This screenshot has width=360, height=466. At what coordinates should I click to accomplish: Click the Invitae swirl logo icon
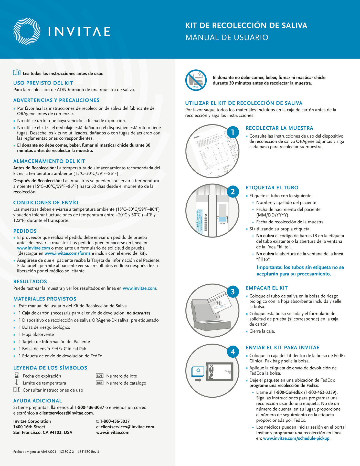point(27,31)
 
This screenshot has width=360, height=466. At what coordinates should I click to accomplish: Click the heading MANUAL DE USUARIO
point(227,37)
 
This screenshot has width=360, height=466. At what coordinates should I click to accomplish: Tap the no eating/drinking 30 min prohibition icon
point(196,80)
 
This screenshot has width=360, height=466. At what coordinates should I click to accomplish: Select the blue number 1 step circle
point(232,132)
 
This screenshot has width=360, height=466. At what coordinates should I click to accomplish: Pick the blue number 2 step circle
point(232,192)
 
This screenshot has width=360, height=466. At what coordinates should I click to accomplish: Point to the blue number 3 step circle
point(232,292)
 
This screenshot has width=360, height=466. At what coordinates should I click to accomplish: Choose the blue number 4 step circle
point(232,352)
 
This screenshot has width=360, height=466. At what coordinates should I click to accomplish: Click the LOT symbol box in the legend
point(100,376)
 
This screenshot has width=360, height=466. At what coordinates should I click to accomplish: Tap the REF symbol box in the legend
point(100,383)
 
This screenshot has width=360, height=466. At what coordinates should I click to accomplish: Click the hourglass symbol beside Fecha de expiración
point(17,376)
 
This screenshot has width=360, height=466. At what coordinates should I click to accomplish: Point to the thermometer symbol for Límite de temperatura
point(17,382)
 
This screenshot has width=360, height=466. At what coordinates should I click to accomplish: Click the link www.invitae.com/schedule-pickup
point(296,438)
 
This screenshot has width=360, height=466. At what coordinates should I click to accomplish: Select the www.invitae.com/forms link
point(68,253)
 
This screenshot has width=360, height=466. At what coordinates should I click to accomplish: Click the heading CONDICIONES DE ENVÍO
point(46,203)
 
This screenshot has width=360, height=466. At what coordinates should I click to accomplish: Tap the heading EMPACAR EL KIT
point(267,288)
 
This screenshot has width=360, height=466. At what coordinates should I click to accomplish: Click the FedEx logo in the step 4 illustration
point(211,372)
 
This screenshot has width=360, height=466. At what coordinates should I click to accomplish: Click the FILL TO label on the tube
point(222,223)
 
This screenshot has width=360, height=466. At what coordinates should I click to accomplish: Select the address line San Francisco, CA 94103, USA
point(43,432)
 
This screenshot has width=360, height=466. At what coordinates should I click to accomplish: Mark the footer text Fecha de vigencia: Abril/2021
point(35,452)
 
